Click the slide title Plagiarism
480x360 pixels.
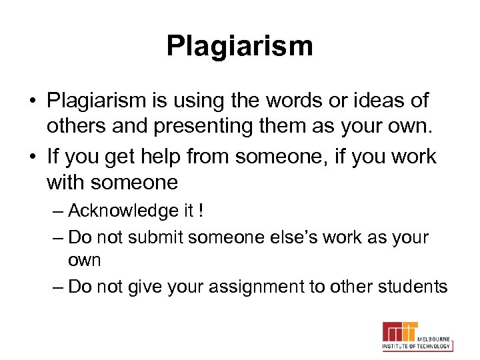point(239,46)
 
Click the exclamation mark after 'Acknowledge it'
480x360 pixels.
point(201,211)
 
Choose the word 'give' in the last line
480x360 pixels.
point(145,287)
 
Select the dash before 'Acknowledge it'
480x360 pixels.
point(58,211)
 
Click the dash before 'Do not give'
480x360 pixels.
point(58,287)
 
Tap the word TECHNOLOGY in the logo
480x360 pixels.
point(434,346)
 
